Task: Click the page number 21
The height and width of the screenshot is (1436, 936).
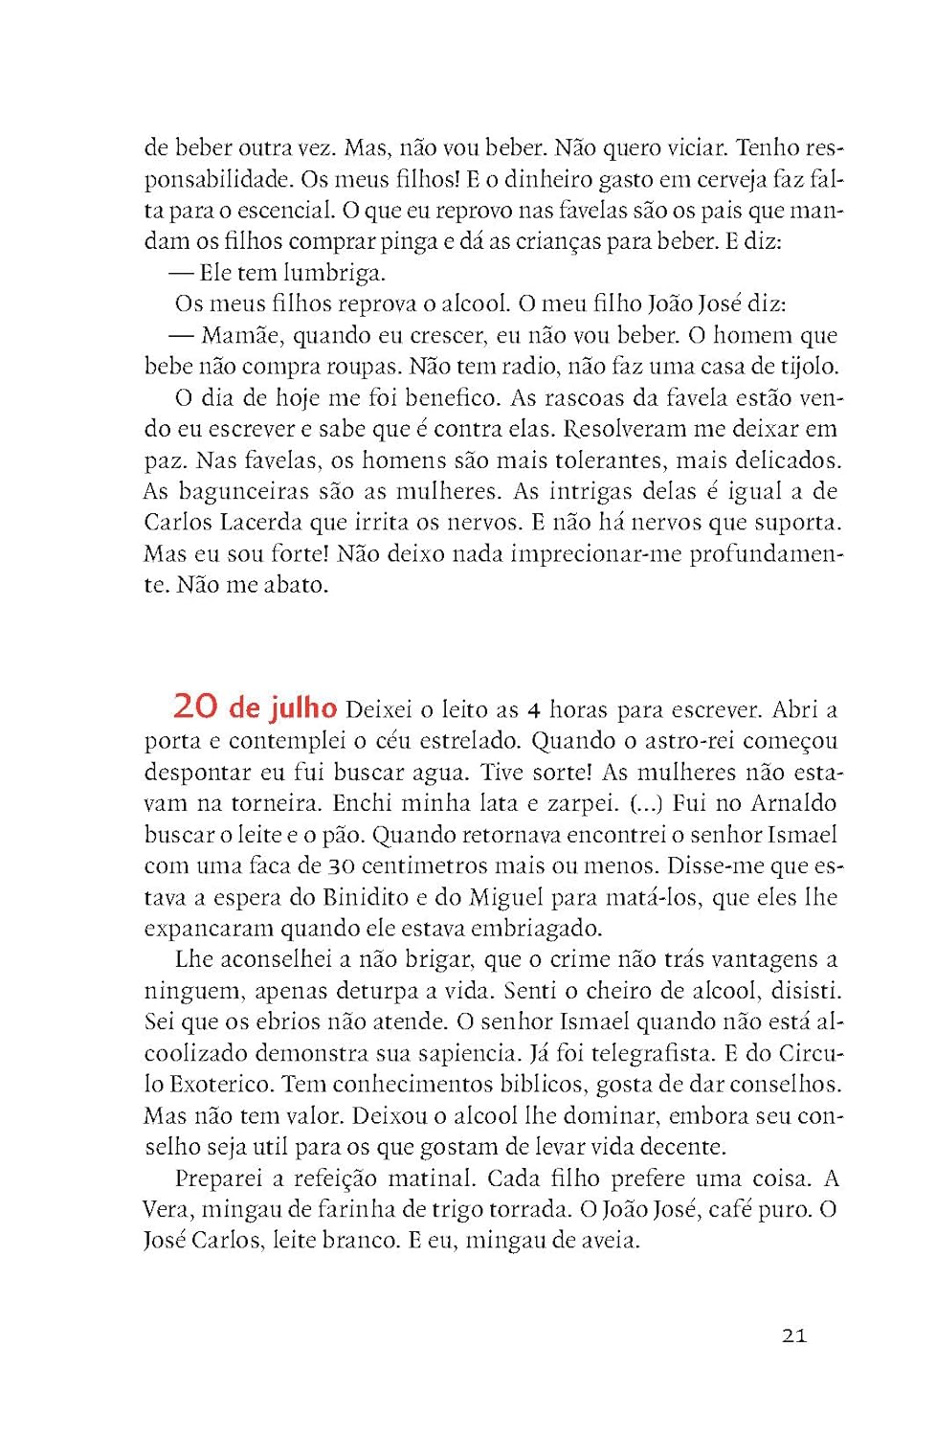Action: tap(794, 1335)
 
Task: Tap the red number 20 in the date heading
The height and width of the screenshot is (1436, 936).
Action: tap(195, 707)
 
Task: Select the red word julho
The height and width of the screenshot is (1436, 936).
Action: tap(302, 707)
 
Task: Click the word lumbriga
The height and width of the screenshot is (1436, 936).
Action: tap(334, 273)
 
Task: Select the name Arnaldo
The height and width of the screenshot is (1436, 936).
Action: tap(793, 802)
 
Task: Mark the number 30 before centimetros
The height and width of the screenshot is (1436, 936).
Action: tap(342, 866)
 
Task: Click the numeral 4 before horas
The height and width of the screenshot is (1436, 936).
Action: tap(535, 709)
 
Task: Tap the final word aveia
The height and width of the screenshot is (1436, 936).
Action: tap(607, 1241)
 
